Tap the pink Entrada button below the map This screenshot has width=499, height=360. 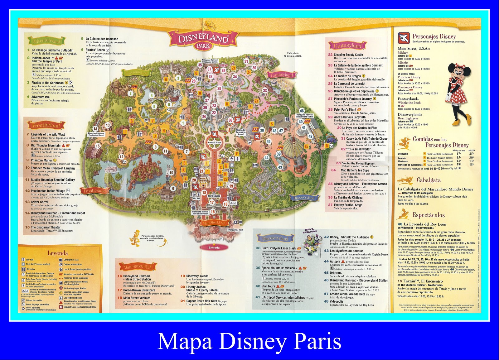[x=214, y=247]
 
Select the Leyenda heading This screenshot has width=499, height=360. [x=58, y=253]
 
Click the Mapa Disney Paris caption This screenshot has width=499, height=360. [x=249, y=341]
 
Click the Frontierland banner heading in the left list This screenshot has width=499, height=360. [x=46, y=125]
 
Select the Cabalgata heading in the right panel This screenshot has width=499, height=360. [x=429, y=180]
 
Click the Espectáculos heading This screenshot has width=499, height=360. [x=429, y=215]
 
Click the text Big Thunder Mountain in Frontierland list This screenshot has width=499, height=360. [x=46, y=145]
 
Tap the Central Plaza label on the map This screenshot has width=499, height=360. [x=214, y=142]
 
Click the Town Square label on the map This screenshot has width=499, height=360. [x=214, y=196]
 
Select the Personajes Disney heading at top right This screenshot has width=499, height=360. [x=434, y=36]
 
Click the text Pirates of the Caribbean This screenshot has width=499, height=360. [x=47, y=83]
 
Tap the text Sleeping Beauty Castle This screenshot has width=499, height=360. [x=348, y=55]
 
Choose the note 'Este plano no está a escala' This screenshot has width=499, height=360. [x=293, y=55]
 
